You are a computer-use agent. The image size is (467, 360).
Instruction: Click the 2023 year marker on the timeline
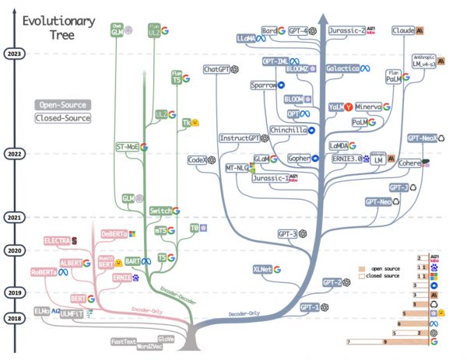click(13, 54)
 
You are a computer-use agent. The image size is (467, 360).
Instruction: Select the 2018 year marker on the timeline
click(13, 318)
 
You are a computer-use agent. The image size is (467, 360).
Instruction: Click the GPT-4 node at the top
click(297, 30)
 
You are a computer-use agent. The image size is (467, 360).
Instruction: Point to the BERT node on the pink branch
click(78, 298)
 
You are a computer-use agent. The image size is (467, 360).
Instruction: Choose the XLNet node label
click(262, 269)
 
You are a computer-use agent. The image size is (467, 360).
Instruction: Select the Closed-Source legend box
click(62, 118)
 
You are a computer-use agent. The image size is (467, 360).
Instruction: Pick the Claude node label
click(403, 30)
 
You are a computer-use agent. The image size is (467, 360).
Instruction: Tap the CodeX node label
click(196, 160)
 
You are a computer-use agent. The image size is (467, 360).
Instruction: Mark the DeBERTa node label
click(114, 233)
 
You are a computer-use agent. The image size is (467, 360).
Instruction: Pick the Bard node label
click(269, 30)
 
